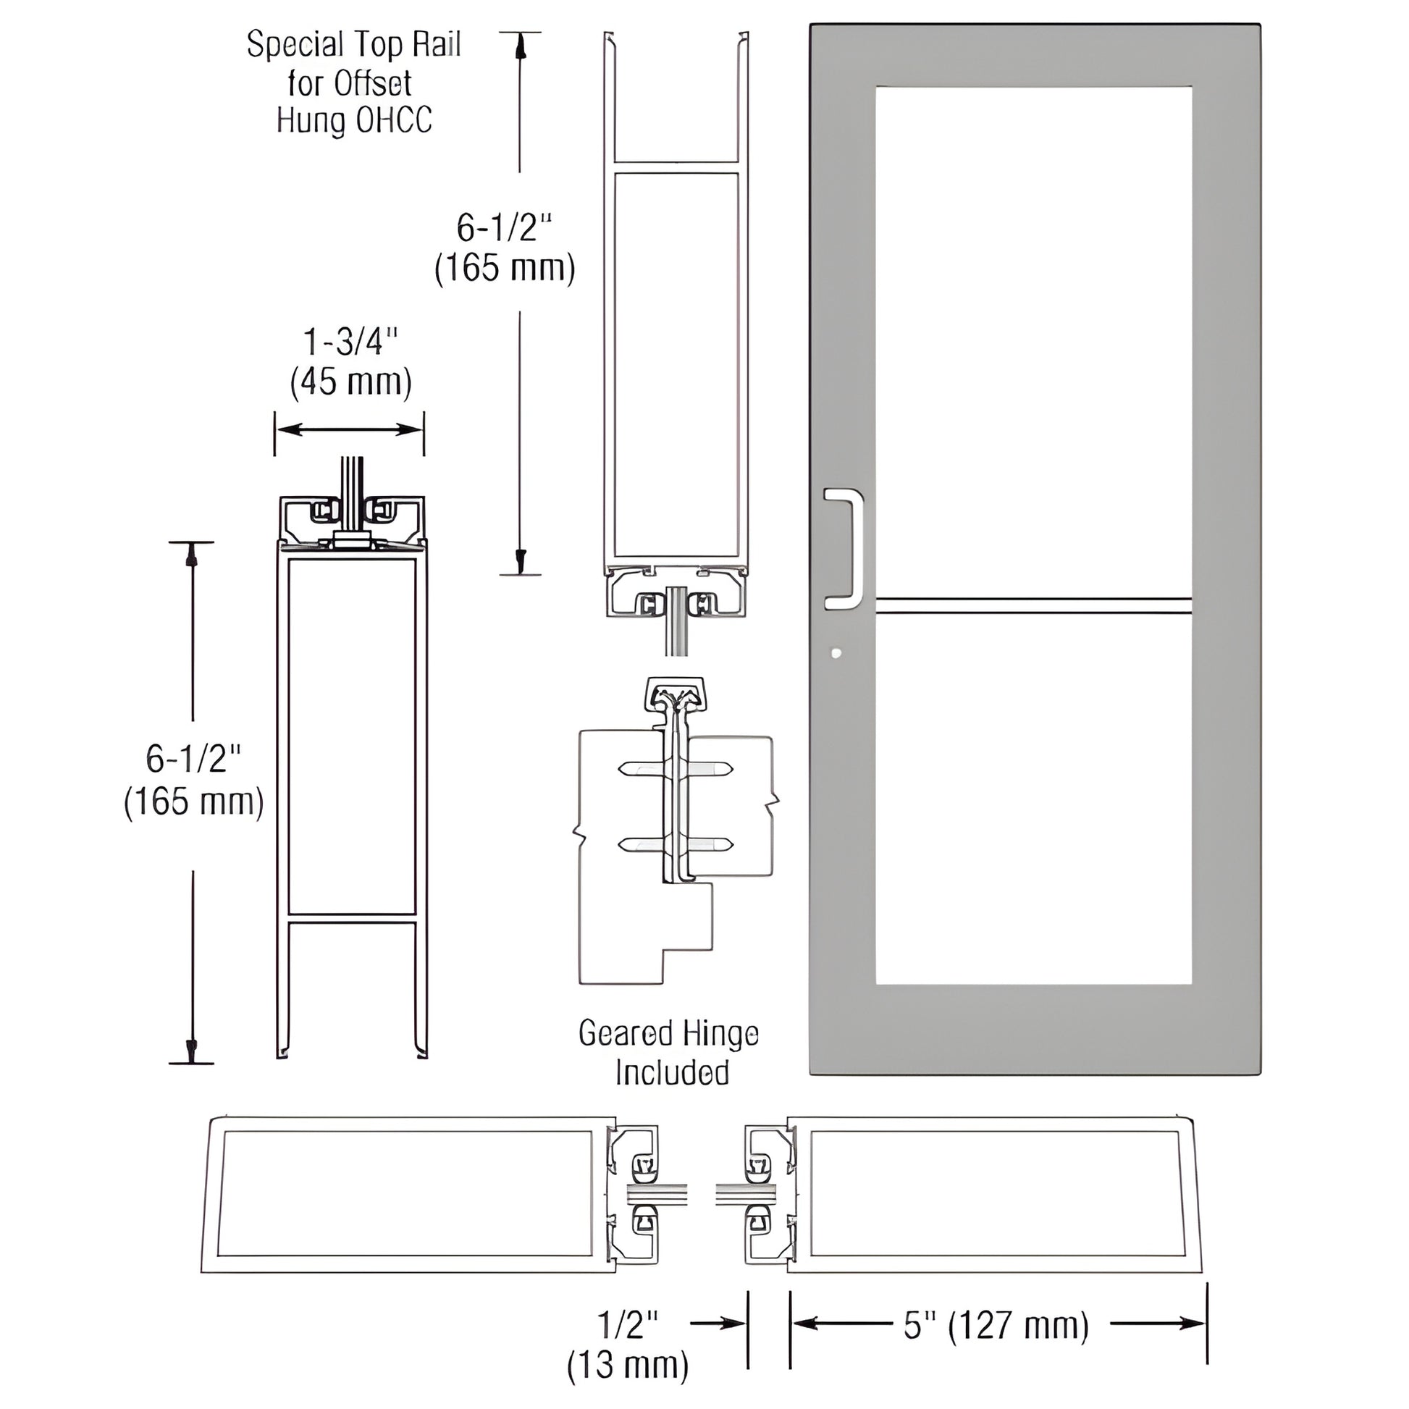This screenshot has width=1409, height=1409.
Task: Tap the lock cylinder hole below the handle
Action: [836, 653]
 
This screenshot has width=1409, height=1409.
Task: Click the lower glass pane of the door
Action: [1033, 799]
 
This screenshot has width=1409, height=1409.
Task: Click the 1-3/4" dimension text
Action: [350, 341]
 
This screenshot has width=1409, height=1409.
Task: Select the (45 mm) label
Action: [350, 382]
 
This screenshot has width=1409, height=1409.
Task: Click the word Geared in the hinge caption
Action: [624, 1033]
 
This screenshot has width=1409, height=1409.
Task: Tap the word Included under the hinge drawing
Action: [672, 1073]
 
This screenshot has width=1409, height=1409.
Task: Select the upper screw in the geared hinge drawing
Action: [676, 768]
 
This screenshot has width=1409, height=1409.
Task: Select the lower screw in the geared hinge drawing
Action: [676, 844]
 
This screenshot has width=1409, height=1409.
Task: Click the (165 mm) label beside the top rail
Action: [505, 269]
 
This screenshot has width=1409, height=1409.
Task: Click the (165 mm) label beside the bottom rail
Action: [194, 802]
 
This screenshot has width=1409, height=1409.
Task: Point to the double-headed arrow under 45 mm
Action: [349, 429]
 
